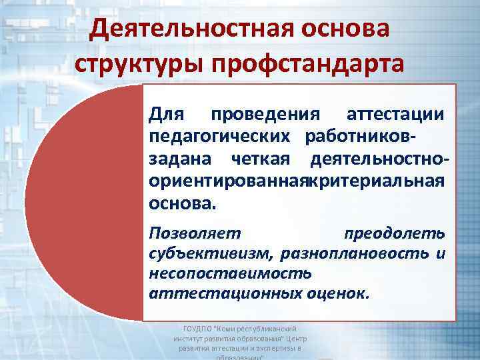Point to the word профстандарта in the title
308,64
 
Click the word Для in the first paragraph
166,115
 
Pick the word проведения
265,115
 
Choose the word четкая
260,159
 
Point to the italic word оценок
335,293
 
